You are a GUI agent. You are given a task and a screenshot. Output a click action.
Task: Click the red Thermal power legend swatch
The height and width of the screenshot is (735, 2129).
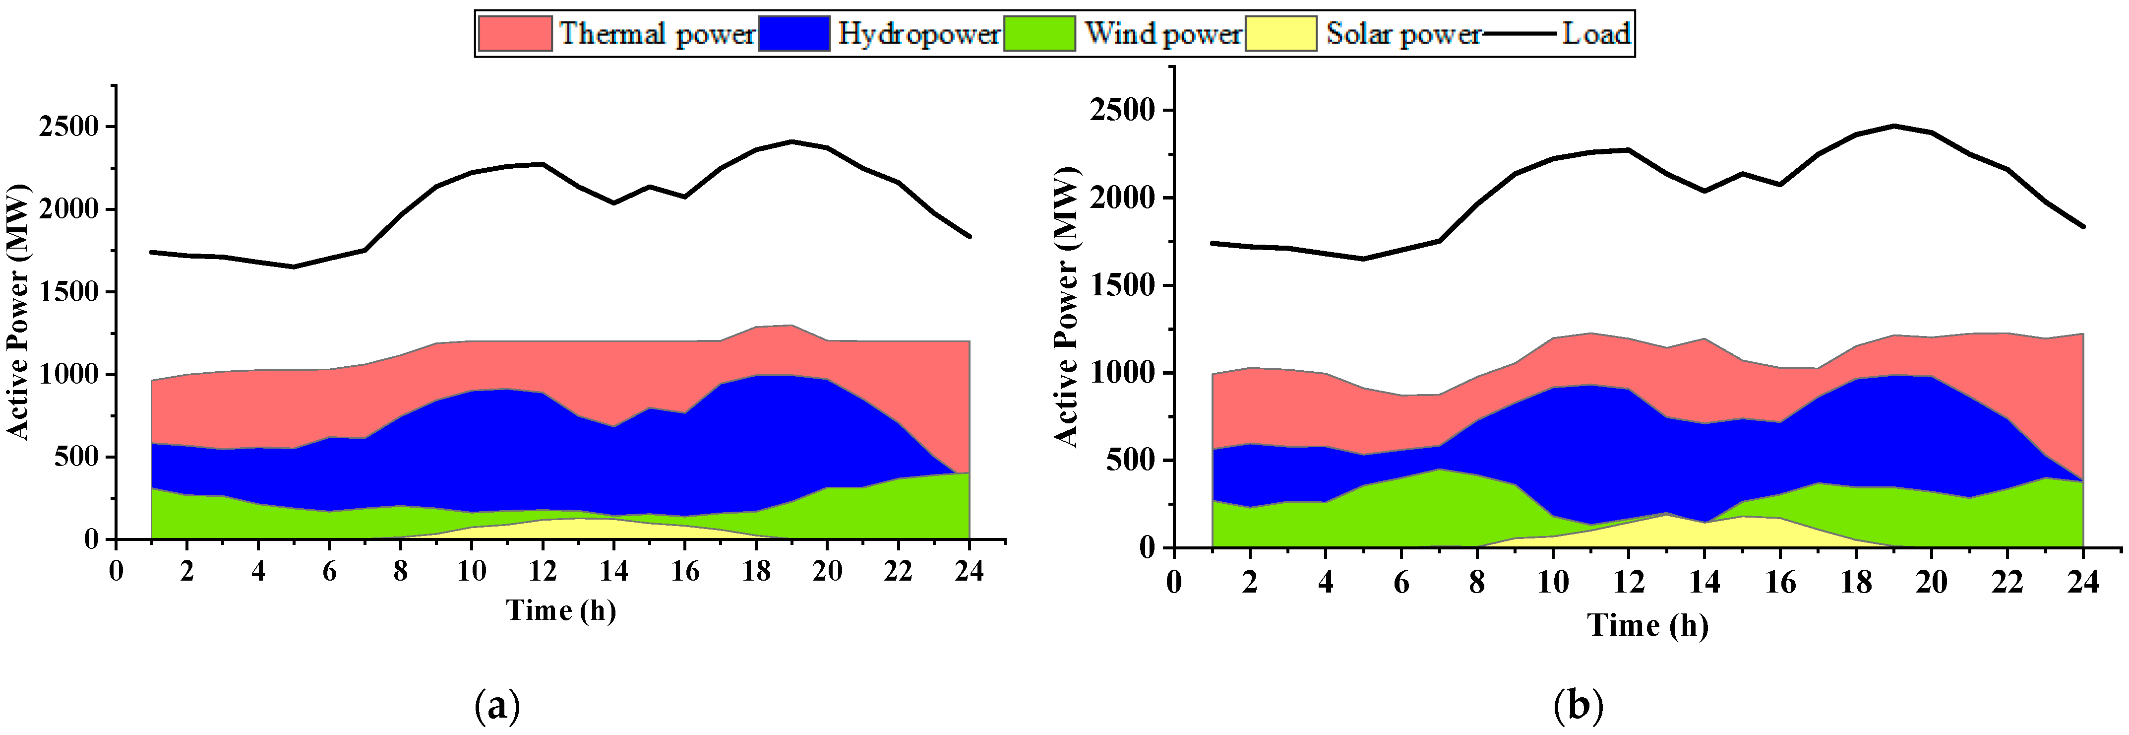coord(515,34)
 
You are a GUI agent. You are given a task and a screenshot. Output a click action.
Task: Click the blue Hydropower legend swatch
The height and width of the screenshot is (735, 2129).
coord(793,34)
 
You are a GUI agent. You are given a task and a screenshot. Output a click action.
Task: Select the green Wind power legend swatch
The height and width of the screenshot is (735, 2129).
coord(1039,34)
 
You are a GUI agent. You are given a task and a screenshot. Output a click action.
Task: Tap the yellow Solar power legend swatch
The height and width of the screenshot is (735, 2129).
coord(1280,34)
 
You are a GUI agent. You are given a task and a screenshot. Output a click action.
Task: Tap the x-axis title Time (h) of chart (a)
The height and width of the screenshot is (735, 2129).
coord(561,611)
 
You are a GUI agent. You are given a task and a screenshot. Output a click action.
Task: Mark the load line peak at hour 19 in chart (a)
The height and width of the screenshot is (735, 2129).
coord(792,141)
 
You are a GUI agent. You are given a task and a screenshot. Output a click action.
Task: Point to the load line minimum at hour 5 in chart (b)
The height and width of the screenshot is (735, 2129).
coord(1364,259)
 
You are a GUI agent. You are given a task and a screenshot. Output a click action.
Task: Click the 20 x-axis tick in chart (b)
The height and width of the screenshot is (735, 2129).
coord(1932,583)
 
